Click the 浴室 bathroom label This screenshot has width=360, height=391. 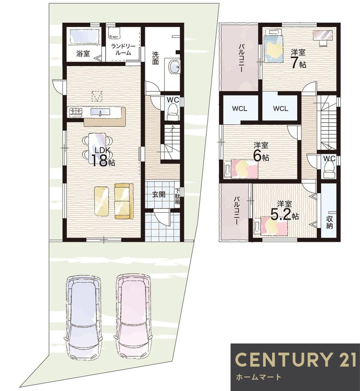coord(83,53)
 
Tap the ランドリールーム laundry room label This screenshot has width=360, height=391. coord(123,49)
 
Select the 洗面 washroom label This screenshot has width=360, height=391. coord(155,58)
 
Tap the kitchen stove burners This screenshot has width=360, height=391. coord(76,112)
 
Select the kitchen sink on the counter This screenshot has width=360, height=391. coord(100,112)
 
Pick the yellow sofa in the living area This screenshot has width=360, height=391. coord(123,201)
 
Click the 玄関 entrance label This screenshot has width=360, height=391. coord(158,194)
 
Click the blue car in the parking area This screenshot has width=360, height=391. coord(84,316)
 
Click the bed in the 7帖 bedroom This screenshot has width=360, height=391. coord(273,46)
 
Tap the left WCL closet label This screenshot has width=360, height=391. coord(240,109)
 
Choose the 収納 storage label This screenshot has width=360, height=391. coord(330,222)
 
